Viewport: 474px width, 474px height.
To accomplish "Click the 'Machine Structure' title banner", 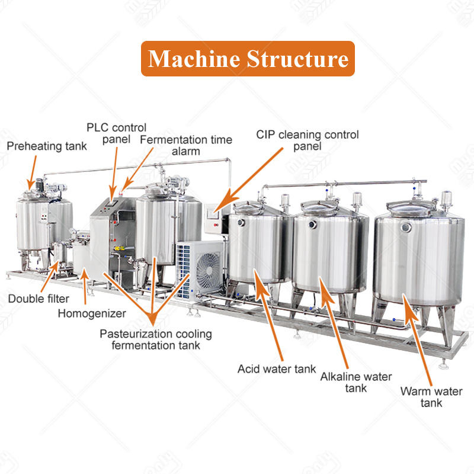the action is [247, 59].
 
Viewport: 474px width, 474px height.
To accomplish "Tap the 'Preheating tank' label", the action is [46, 146].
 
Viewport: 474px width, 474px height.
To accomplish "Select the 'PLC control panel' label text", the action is [116, 133].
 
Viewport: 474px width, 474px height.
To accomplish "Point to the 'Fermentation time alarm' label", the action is [187, 145].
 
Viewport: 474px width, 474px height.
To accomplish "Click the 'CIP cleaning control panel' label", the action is [307, 140].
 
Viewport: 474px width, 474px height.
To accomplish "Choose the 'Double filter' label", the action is [39, 298].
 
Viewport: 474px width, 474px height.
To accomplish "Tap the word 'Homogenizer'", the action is [91, 312].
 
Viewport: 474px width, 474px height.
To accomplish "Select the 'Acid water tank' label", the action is [268, 369].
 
